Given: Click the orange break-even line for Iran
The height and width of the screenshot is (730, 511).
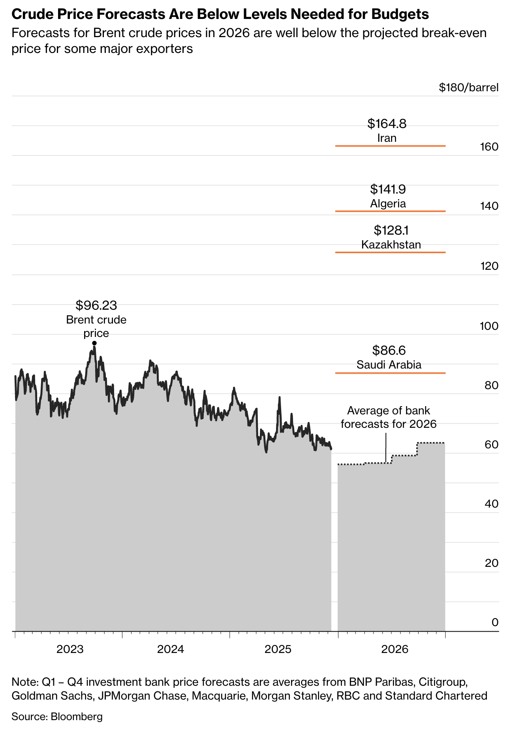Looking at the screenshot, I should pos(390,146).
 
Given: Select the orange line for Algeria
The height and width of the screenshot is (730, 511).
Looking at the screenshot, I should pos(390,211).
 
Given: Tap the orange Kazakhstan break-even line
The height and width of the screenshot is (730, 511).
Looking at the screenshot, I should pos(390,252).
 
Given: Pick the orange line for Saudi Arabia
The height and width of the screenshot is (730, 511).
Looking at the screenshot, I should pos(390,373).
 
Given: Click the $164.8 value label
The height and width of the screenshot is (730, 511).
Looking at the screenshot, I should pos(387,124).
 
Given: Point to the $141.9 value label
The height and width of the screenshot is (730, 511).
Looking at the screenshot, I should pos(388,189).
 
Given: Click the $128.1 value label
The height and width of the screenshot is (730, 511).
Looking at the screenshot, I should pos(391,230).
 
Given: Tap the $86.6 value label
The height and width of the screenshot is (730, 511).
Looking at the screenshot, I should pos(389,350).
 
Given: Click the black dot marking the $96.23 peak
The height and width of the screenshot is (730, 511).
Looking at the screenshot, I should pos(94,343).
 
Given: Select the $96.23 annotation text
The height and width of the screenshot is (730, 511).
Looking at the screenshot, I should pos(96,305).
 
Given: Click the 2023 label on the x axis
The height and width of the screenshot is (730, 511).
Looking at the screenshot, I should pos(70,649).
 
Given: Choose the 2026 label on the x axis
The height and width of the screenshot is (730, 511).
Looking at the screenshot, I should pos(395,649).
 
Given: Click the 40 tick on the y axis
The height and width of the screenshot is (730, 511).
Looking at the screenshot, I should pos(491,504).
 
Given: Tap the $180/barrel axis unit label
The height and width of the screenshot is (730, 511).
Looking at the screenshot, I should pos(468,87).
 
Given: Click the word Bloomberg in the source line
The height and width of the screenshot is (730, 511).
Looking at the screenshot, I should pos(77,716).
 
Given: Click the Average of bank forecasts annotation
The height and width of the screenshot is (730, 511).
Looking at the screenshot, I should pos(389,418).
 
